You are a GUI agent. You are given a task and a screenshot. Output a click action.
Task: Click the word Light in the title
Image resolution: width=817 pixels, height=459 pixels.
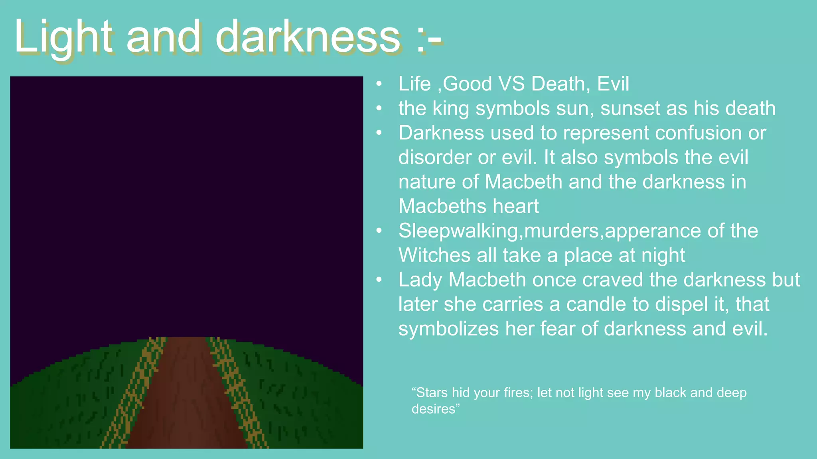click(63, 37)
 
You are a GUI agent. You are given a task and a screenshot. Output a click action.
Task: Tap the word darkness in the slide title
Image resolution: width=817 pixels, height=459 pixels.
click(308, 37)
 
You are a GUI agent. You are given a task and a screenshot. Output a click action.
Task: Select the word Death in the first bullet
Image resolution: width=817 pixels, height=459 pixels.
click(560, 84)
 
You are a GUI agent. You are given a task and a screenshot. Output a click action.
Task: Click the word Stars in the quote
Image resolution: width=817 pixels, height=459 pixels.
click(432, 393)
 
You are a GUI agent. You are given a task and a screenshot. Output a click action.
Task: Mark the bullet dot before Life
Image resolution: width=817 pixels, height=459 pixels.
click(379, 84)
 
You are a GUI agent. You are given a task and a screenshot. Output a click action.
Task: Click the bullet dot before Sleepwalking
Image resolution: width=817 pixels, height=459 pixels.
click(379, 231)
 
